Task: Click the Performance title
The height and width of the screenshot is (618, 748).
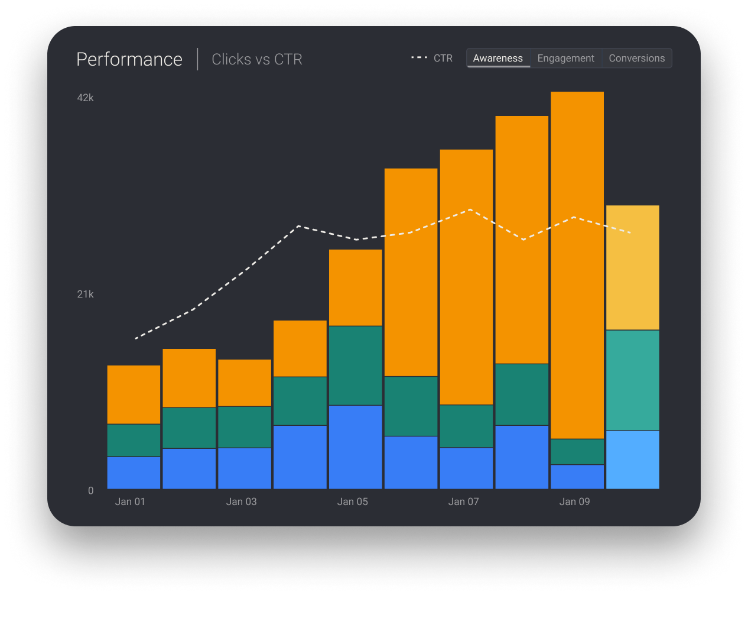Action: [x=129, y=59]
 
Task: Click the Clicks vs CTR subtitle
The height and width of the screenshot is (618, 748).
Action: [x=257, y=59]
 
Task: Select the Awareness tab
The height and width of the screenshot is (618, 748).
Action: [x=497, y=58]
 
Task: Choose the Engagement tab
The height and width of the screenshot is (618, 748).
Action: [x=565, y=58]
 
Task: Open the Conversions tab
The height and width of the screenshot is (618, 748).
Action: [x=636, y=58]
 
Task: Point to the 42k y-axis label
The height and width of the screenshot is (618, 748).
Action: [x=86, y=98]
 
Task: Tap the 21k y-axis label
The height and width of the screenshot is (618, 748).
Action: [x=86, y=294]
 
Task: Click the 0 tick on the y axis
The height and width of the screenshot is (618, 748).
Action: [x=90, y=490]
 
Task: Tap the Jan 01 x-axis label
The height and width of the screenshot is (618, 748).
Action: [x=130, y=501]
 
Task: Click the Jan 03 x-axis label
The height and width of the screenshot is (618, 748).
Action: [x=241, y=501]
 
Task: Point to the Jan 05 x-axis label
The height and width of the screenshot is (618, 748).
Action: [x=352, y=501]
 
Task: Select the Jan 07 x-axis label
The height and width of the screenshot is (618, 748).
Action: [x=463, y=501]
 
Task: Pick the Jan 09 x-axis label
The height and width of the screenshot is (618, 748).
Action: [x=574, y=501]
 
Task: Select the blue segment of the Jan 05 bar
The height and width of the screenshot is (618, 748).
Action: [x=356, y=446]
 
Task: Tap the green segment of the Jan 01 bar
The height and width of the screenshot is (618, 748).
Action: [x=134, y=440]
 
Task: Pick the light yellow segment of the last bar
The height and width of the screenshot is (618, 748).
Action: [x=633, y=267]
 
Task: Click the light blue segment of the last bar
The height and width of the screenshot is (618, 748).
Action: [x=633, y=460]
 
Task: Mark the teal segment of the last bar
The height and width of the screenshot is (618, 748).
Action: [x=633, y=380]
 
